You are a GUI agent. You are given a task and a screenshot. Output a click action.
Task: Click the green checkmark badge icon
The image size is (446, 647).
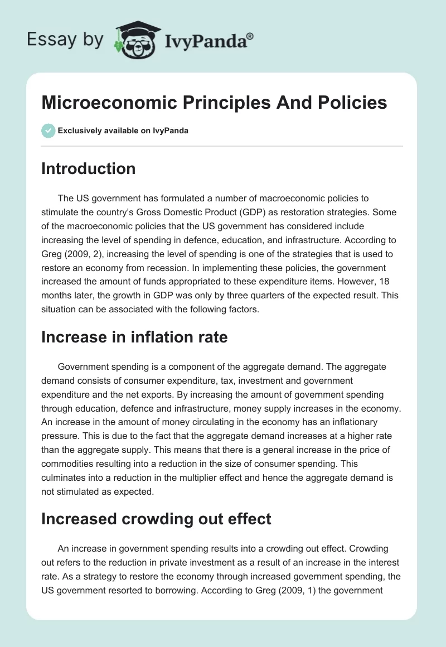click(48, 131)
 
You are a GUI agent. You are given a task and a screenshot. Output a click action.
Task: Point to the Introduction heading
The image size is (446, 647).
click(88, 168)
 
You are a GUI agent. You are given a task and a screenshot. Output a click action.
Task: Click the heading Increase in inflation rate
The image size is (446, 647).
click(134, 337)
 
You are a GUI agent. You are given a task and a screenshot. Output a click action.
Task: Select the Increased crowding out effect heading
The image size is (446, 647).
click(156, 519)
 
